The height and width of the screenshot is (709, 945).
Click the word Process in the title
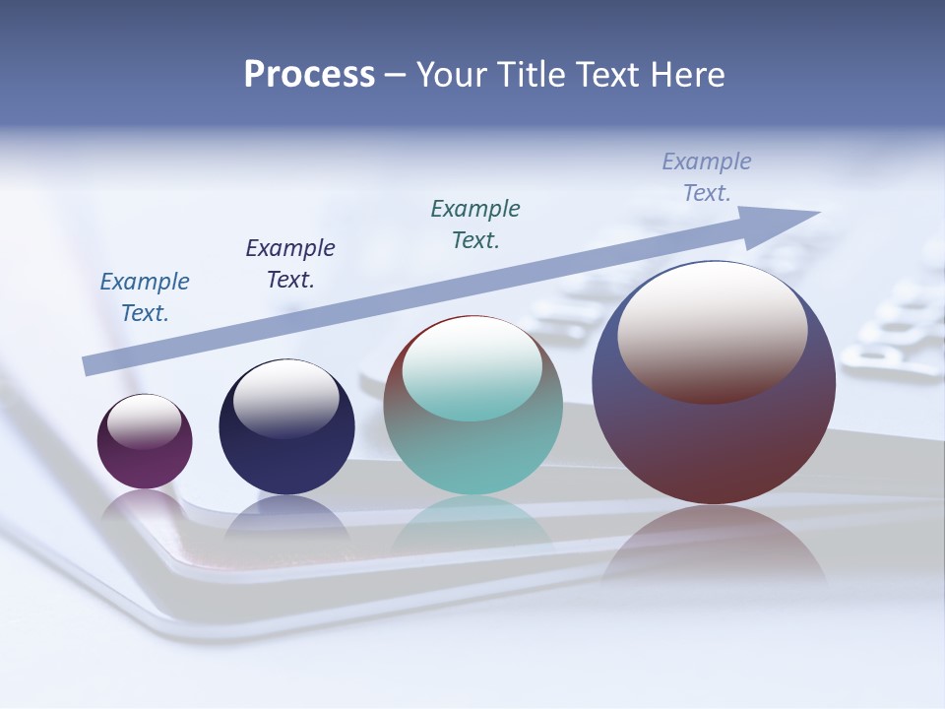pyautogui.click(x=309, y=75)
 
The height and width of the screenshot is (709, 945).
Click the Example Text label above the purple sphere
pyautogui.click(x=145, y=297)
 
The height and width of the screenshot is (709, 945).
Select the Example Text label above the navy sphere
pyautogui.click(x=290, y=264)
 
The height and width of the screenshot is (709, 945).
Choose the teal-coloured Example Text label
pyautogui.click(x=475, y=224)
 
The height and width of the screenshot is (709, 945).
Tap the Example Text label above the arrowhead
pyautogui.click(x=707, y=176)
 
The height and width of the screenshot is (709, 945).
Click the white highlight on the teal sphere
pyautogui.click(x=472, y=368)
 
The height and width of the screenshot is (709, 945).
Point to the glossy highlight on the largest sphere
pyautogui.click(x=713, y=332)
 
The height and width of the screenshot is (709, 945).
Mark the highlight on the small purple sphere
pyautogui.click(x=145, y=422)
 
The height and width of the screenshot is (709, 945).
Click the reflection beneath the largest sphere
pyautogui.click(x=714, y=547)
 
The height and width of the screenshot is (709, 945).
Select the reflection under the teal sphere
pyautogui.click(x=472, y=527)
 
